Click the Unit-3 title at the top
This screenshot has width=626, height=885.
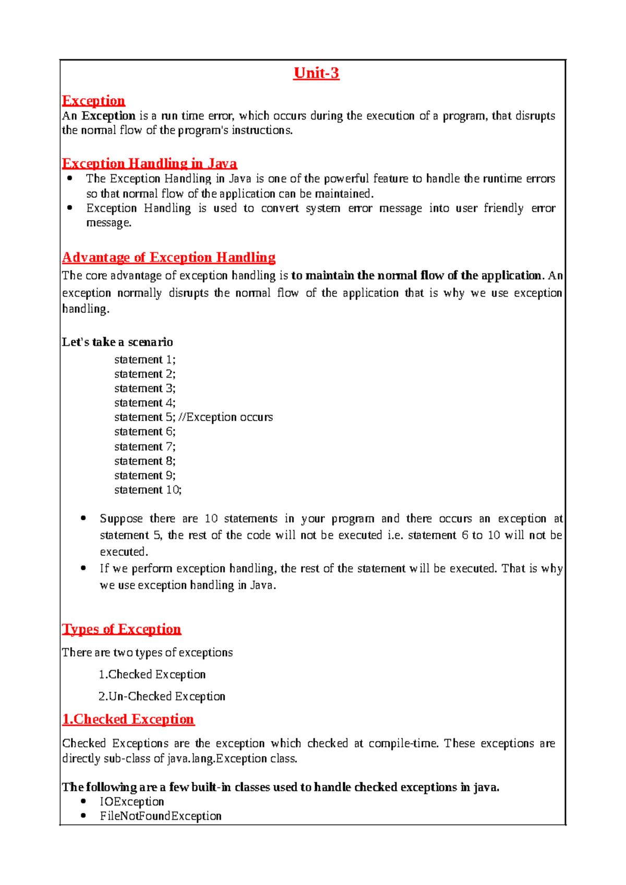click(x=316, y=73)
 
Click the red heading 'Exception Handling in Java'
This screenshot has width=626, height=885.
click(x=149, y=164)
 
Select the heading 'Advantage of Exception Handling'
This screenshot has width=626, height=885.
click(x=168, y=258)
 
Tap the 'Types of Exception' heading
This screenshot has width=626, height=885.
click(x=122, y=629)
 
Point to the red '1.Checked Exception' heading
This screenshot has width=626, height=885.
click(x=128, y=720)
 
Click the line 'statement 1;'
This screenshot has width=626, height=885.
click(x=145, y=360)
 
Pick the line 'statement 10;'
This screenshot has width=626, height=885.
click(x=148, y=490)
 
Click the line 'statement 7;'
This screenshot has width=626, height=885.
click(x=145, y=447)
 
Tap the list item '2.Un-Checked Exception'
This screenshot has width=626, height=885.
click(x=162, y=697)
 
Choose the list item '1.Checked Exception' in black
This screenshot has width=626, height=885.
click(x=152, y=675)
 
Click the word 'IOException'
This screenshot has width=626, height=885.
click(x=132, y=802)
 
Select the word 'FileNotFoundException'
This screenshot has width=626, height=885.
click(x=161, y=816)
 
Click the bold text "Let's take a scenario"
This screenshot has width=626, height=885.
click(x=117, y=342)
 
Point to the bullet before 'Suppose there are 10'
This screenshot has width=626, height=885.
click(x=83, y=518)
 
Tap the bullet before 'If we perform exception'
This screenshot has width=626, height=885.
click(x=83, y=568)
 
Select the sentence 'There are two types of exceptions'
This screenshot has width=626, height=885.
click(x=147, y=653)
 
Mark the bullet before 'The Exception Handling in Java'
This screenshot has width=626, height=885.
click(x=70, y=178)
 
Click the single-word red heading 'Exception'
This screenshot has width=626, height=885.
click(x=93, y=101)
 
